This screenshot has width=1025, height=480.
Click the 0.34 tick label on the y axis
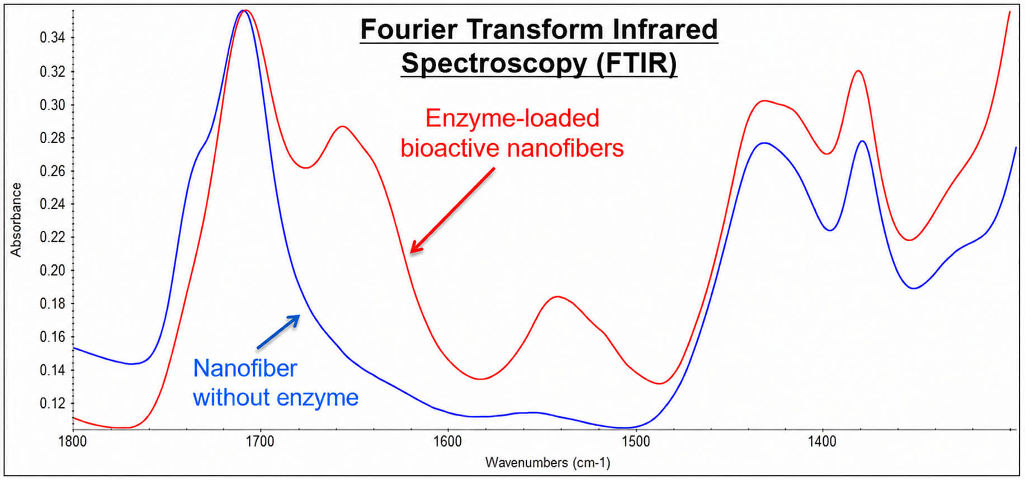pyautogui.click(x=53, y=38)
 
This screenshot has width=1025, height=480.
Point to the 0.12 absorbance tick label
pyautogui.click(x=53, y=403)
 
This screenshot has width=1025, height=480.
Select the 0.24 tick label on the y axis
pyautogui.click(x=53, y=204)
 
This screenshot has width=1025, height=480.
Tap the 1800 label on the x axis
pyautogui.click(x=73, y=442)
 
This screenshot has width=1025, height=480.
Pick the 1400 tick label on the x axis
pyautogui.click(x=822, y=442)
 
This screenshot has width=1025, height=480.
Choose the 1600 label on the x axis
pyautogui.click(x=447, y=442)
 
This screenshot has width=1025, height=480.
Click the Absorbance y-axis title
pyautogui.click(x=16, y=220)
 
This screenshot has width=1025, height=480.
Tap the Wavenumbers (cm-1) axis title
pyautogui.click(x=548, y=463)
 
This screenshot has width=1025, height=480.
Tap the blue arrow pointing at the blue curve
pyautogui.click(x=278, y=332)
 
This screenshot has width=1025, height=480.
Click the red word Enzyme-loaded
pyautogui.click(x=512, y=119)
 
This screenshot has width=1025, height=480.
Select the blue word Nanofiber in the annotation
pyautogui.click(x=245, y=368)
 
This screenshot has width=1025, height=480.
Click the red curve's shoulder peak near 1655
pyautogui.click(x=342, y=126)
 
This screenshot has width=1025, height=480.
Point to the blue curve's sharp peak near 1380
pyautogui.click(x=862, y=141)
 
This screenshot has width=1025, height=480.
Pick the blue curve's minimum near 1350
pyautogui.click(x=914, y=289)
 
